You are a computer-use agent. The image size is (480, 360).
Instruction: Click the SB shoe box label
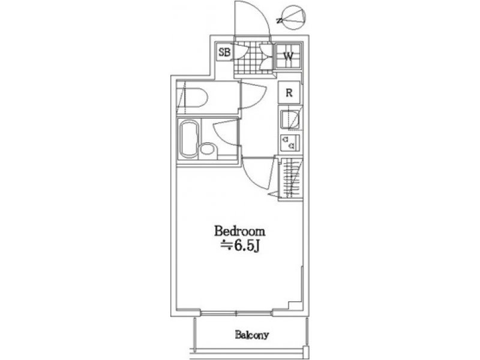(x=224, y=52)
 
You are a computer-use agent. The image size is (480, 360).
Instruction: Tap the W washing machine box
(x=289, y=56)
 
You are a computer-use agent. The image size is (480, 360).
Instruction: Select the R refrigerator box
(x=289, y=92)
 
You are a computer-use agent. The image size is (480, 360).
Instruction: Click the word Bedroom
(x=239, y=231)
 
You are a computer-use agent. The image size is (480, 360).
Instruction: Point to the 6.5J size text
(x=241, y=245)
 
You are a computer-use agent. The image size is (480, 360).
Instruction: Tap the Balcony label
(x=251, y=335)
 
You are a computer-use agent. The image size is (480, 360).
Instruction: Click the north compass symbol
(x=293, y=17)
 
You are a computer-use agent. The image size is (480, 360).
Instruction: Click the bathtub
(x=189, y=139)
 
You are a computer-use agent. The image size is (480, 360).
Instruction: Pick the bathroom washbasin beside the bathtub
(x=208, y=152)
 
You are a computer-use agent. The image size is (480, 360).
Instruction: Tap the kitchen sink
(x=290, y=119)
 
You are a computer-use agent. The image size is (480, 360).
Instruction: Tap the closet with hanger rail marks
(x=290, y=178)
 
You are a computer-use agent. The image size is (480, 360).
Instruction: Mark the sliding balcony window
(x=236, y=313)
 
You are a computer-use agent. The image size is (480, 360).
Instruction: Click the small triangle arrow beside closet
(x=274, y=194)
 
